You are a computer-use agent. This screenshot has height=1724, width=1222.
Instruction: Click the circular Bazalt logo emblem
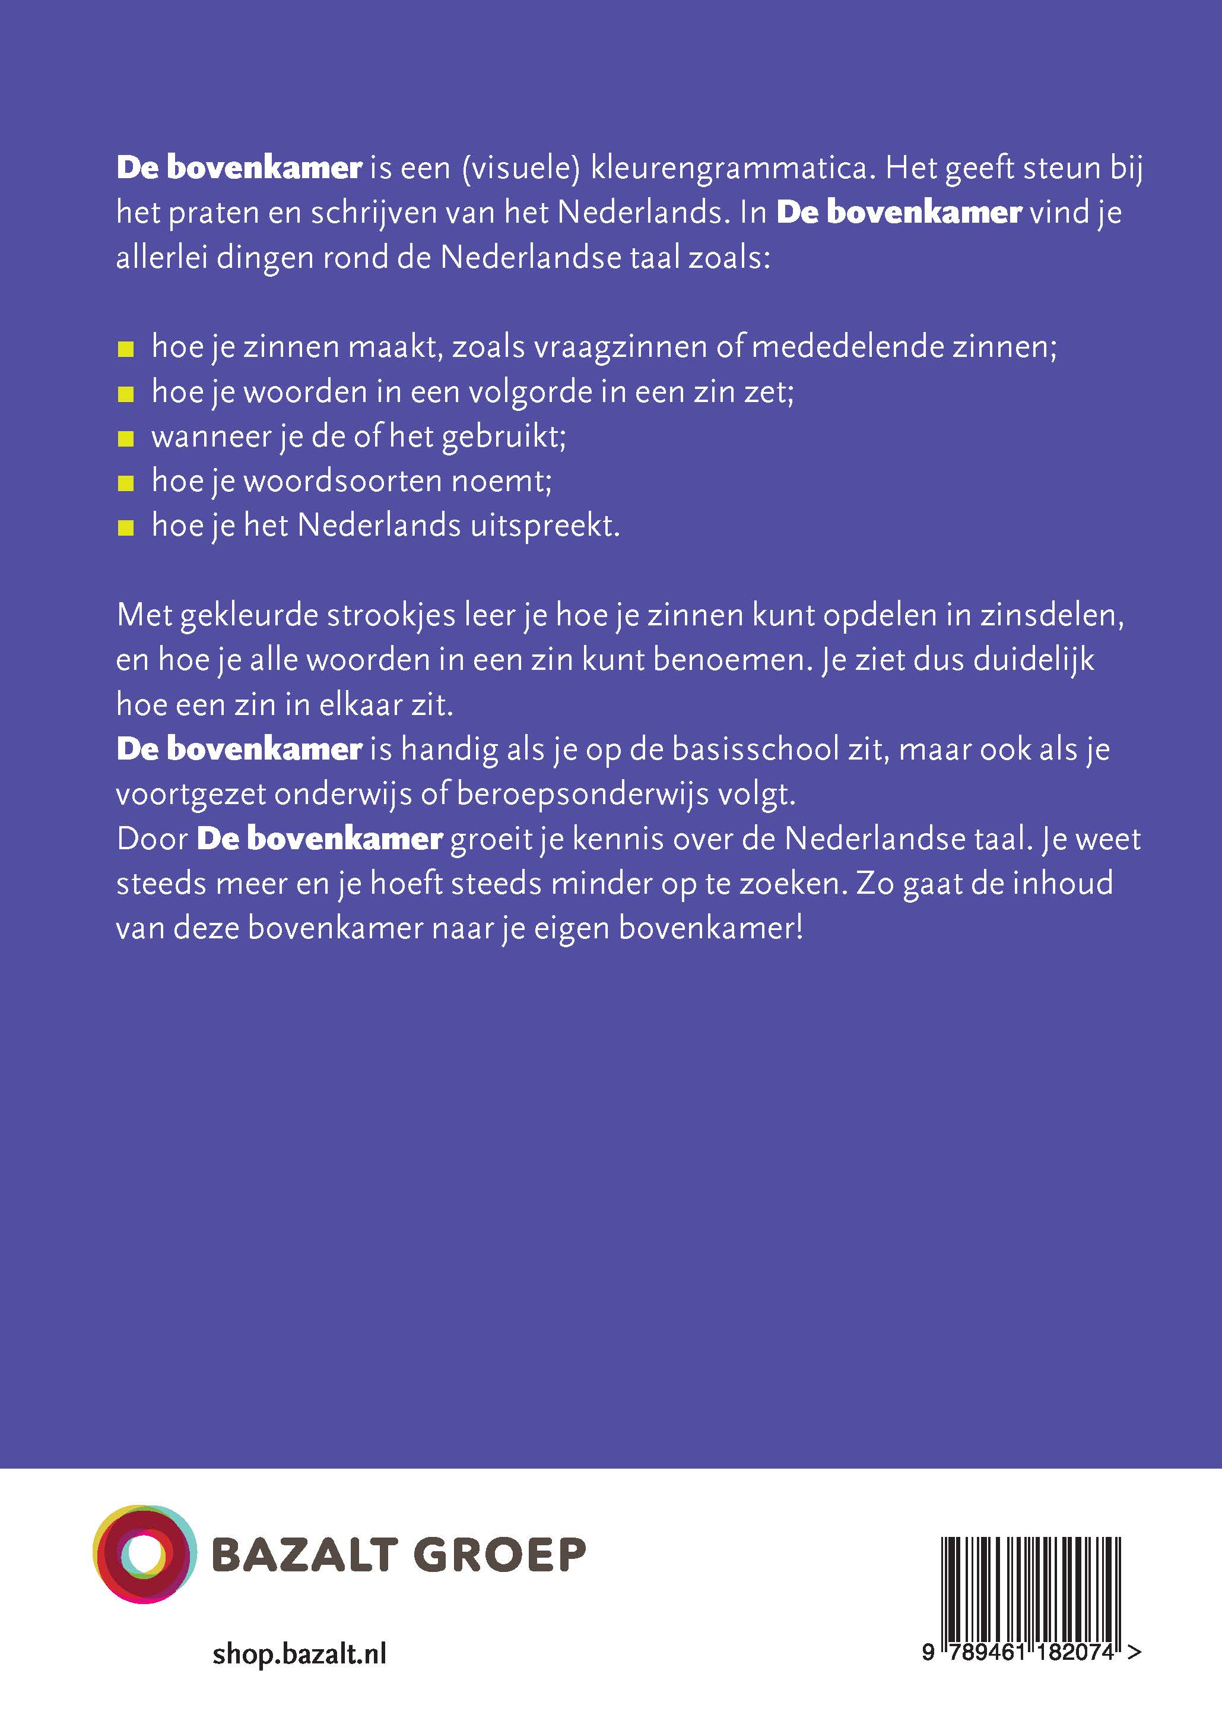[x=141, y=1553]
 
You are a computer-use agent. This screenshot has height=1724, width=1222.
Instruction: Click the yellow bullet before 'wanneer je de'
[x=126, y=439]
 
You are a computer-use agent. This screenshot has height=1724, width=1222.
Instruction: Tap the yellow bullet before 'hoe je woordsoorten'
[x=126, y=483]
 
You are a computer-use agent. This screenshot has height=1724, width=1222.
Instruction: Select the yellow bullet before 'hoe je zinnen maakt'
[x=126, y=349]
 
